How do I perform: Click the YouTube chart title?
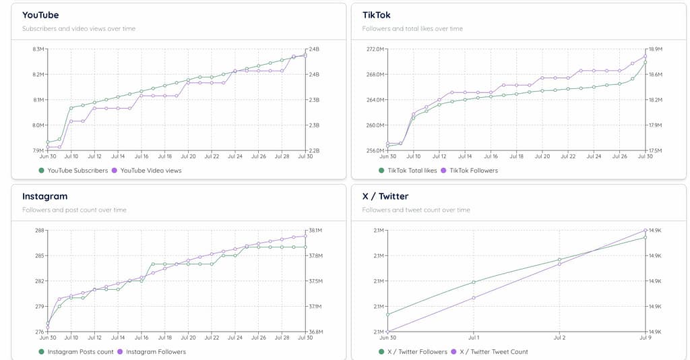40,15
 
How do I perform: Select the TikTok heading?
376,15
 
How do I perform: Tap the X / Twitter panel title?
385,196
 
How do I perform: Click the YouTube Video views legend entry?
150,171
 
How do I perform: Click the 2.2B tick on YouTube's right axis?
314,150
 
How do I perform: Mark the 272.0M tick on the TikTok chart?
375,49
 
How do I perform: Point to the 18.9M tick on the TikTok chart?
655,49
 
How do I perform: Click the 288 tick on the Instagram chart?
39,231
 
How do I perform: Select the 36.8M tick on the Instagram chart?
315,332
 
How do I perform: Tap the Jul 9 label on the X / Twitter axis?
645,337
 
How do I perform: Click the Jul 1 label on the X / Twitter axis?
474,337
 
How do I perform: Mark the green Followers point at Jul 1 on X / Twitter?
474,282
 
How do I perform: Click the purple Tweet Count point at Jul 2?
559,264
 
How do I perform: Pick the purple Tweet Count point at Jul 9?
646,231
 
